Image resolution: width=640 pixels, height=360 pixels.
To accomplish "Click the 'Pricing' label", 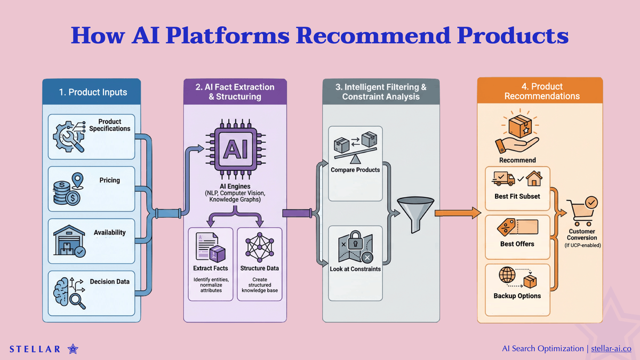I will click(x=109, y=180).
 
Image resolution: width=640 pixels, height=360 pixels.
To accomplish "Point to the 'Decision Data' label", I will click(x=109, y=282).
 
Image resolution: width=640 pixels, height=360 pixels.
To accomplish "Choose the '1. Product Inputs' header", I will click(x=93, y=92).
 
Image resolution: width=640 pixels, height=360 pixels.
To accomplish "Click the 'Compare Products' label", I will click(x=355, y=170).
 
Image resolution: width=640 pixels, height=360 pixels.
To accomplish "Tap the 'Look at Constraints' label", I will click(x=355, y=269).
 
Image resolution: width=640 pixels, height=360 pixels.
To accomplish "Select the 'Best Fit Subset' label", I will click(x=517, y=196).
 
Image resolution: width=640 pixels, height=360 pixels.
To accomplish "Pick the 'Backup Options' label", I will click(x=517, y=295).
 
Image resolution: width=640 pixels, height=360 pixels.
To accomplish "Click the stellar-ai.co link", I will click(x=611, y=348).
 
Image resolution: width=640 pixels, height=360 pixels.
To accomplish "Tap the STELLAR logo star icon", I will click(x=73, y=349).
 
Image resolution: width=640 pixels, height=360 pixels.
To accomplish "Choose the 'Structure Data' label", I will click(x=259, y=268).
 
